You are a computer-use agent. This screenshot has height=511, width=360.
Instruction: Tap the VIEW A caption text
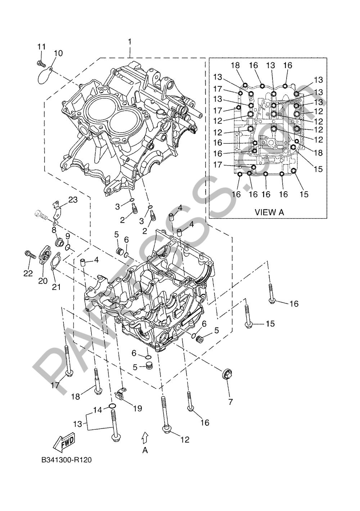[269, 212]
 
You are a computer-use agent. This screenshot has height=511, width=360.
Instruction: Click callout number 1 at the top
[130, 42]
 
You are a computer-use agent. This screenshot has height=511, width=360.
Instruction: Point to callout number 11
[41, 47]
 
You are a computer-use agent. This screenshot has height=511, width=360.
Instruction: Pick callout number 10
[58, 53]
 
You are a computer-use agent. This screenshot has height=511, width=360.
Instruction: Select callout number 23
[73, 200]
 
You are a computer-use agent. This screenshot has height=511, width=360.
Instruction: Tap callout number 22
[28, 273]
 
